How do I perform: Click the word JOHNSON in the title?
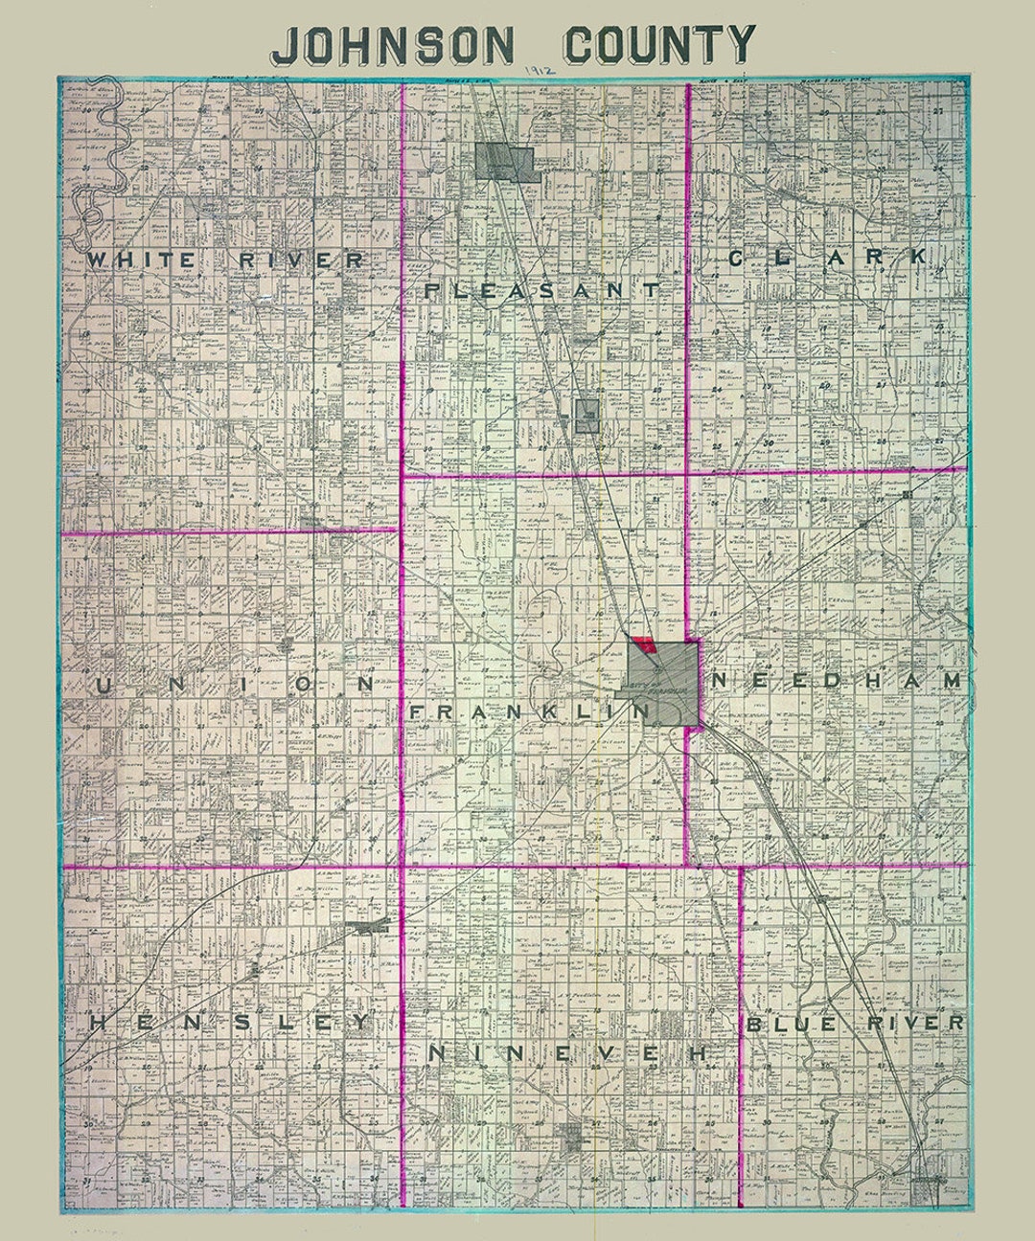(394, 44)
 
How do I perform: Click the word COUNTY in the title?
(658, 44)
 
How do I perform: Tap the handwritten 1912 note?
(540, 72)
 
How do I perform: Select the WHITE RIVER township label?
(226, 259)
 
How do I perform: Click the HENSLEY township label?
(229, 1023)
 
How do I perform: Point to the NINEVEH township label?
(569, 1053)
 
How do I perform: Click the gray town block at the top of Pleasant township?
(504, 162)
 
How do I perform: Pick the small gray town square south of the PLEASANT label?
(586, 416)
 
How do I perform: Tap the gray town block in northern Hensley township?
(370, 927)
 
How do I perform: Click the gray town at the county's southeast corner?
(927, 1188)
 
